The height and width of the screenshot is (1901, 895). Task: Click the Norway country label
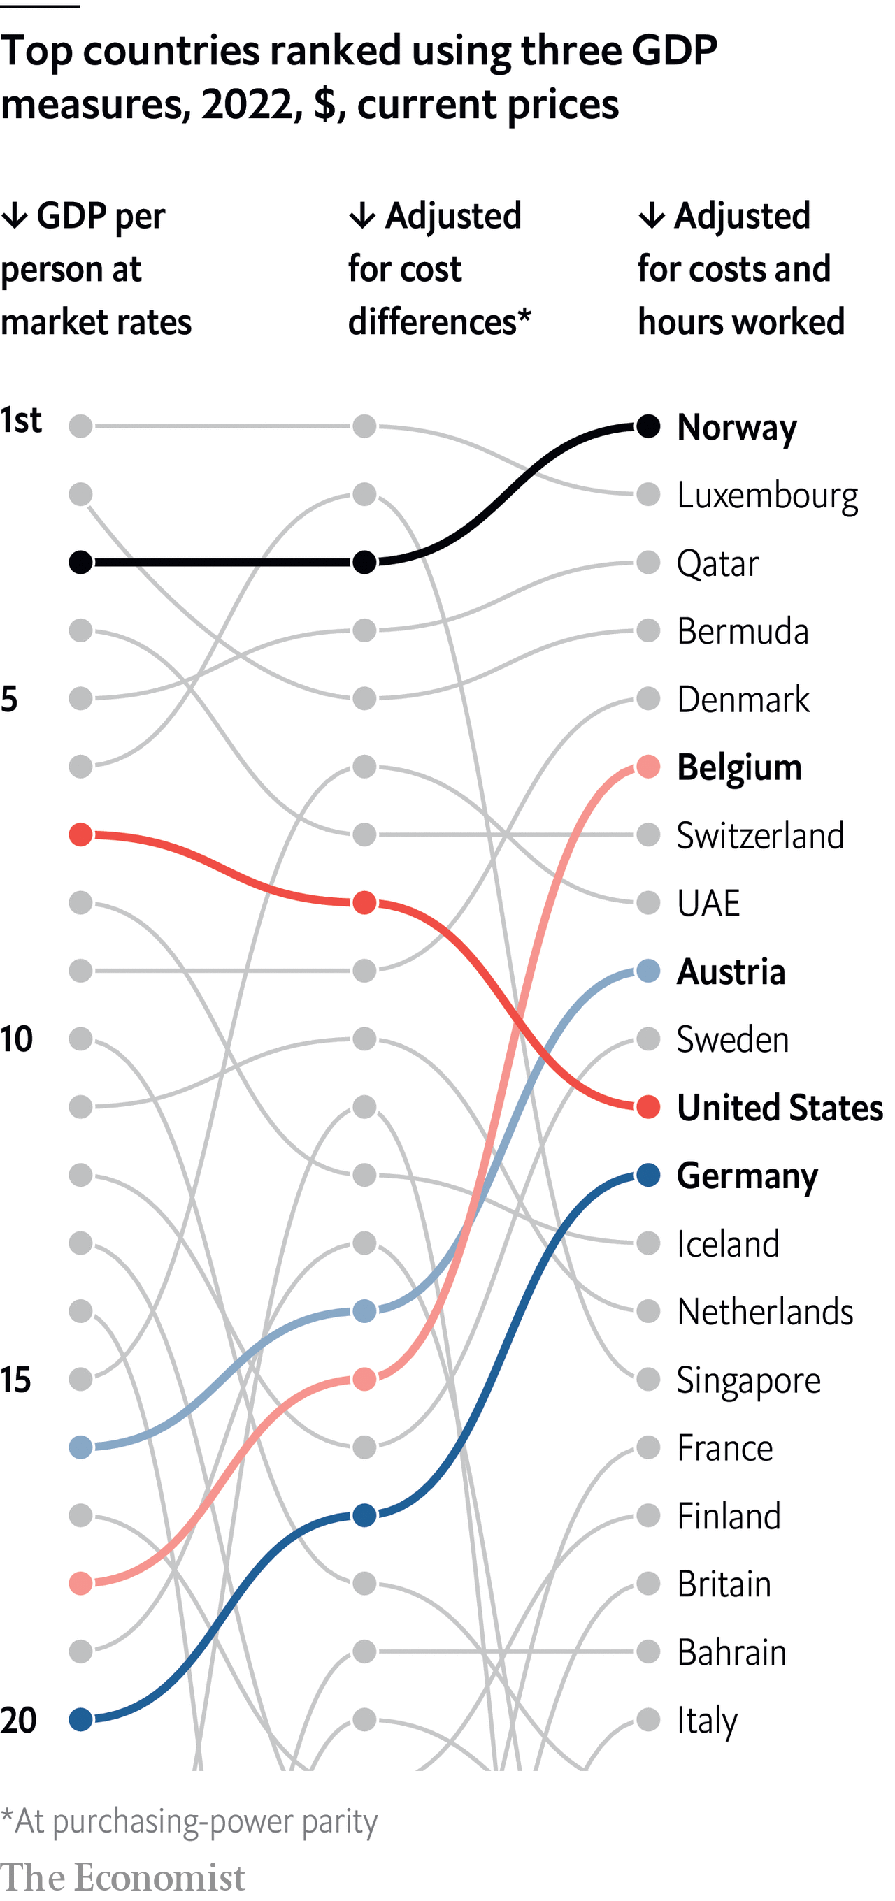tap(736, 427)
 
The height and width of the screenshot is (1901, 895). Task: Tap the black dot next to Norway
tap(647, 426)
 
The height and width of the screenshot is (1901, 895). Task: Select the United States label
tap(779, 1108)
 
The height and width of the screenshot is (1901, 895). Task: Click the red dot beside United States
tap(647, 1107)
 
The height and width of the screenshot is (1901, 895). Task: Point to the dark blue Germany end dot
tap(647, 1175)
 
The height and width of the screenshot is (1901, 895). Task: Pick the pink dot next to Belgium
tap(647, 767)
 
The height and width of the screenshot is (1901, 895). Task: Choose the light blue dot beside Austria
tap(647, 971)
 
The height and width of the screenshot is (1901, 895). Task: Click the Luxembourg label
tap(766, 496)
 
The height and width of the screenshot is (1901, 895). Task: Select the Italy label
tap(707, 1721)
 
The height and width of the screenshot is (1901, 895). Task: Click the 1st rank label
tap(21, 421)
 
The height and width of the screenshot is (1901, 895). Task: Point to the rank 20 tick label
tap(18, 1720)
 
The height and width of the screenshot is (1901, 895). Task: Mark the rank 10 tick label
tap(16, 1039)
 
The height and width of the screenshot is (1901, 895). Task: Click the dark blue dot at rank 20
tap(80, 1719)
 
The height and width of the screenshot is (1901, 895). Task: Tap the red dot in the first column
tap(80, 834)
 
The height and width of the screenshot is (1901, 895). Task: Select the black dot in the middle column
tap(364, 563)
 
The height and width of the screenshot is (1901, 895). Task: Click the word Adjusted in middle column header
tap(452, 216)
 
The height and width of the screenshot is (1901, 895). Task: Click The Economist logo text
tap(122, 1877)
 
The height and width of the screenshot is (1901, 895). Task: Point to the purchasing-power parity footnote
tap(189, 1821)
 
